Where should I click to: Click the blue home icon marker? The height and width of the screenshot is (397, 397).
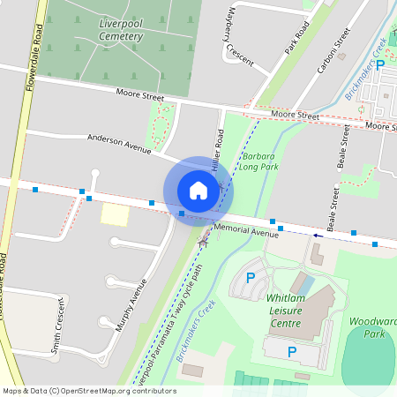198,191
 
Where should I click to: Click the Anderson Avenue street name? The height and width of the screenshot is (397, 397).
119,143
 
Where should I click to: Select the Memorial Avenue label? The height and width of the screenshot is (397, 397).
251,232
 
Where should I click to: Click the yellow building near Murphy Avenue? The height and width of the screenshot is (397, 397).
114,213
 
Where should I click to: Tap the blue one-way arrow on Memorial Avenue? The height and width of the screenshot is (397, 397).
317,236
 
